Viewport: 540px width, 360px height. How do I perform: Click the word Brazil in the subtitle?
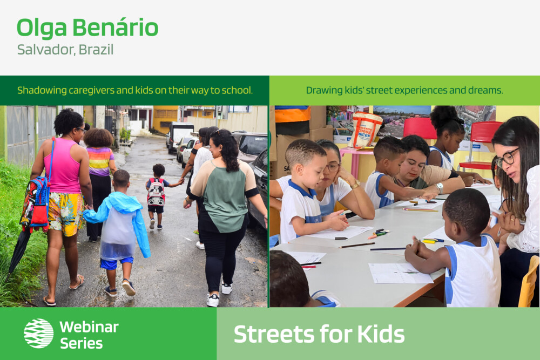96,50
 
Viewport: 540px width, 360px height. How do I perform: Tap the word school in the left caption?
237,90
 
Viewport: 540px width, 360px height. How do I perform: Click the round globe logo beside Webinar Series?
38,333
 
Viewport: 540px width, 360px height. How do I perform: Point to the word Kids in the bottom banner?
381,334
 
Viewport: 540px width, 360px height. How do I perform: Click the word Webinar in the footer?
89,327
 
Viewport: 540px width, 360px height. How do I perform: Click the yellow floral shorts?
65,214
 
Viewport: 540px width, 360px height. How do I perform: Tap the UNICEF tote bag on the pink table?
366,130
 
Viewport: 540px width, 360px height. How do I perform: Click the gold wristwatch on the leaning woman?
355,185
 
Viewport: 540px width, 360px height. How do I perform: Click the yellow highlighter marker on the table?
430,242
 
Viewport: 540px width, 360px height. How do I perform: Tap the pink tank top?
64,166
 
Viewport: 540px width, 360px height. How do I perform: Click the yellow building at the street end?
166,119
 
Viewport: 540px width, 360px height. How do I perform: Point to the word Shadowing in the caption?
42,91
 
